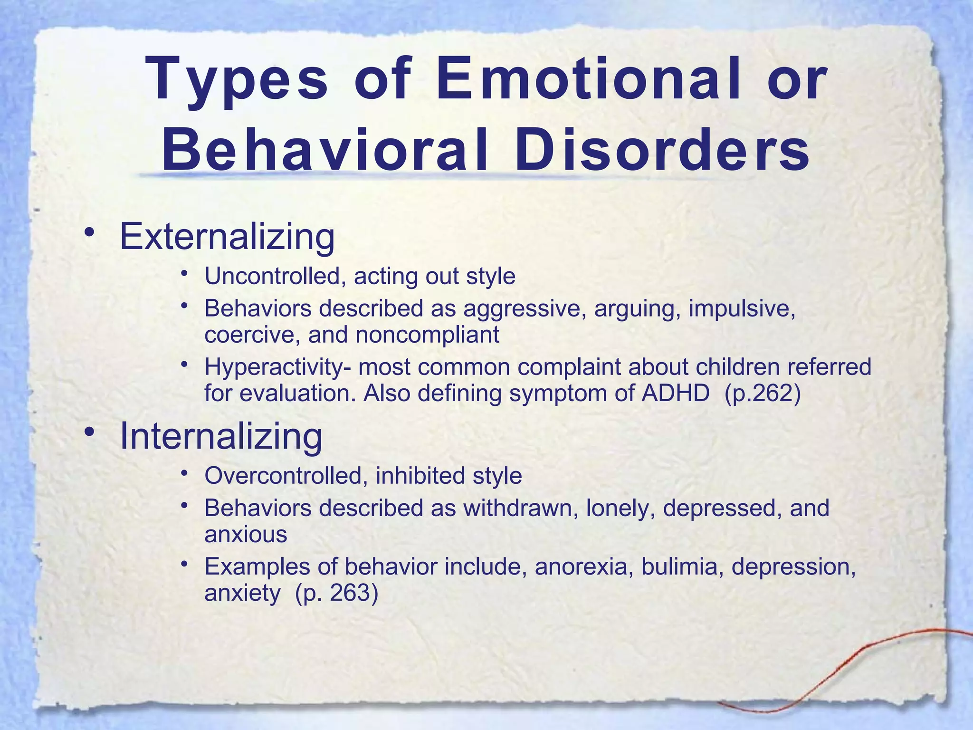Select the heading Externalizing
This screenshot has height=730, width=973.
pyautogui.click(x=227, y=236)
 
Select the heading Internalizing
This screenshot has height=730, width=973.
pyautogui.click(x=221, y=436)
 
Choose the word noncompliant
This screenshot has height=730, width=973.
pyautogui.click(x=427, y=335)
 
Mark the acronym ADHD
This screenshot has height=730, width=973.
pyautogui.click(x=675, y=394)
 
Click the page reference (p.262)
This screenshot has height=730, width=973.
pyautogui.click(x=763, y=394)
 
